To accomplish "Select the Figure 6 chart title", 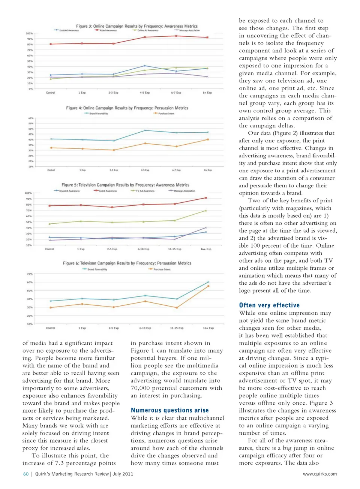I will tap(127, 263).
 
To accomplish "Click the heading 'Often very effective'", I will tap(269, 305).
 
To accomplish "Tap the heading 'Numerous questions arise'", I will tap(169, 410).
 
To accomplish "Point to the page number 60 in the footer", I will tap(26, 474).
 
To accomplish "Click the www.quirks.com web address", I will tap(319, 474).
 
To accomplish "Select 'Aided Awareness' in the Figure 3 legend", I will tap(108, 30).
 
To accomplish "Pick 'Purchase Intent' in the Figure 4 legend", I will tap(166, 114).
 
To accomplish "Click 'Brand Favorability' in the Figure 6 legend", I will tap(97, 269).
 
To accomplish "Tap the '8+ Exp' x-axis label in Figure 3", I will tap(207, 93).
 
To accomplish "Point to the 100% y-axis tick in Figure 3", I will tap(29, 33).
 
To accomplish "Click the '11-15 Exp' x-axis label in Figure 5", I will tap(174, 249).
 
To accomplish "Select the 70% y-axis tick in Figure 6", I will tap(30, 274).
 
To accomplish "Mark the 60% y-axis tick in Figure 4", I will tap(31, 118).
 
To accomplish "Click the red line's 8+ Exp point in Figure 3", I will tap(207, 37).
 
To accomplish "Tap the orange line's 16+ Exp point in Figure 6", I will tap(208, 286).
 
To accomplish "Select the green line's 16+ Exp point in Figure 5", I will tap(205, 211).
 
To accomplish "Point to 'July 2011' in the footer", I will tap(123, 474).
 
